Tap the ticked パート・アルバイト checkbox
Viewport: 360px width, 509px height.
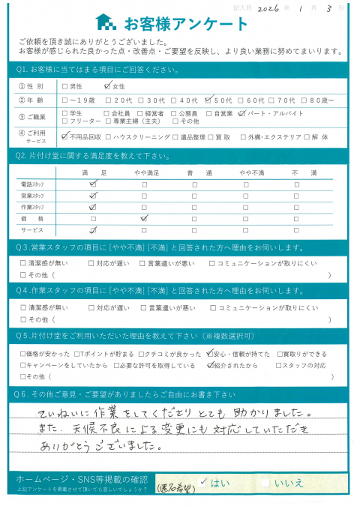point(241,114)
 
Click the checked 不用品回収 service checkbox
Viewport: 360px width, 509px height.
point(65,137)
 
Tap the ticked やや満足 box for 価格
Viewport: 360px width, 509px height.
point(144,218)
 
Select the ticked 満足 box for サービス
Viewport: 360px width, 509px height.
point(93,230)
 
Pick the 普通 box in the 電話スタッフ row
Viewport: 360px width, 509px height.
point(194,183)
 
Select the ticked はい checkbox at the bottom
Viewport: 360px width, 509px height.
point(203,483)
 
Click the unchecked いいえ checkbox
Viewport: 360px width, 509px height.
point(265,483)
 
